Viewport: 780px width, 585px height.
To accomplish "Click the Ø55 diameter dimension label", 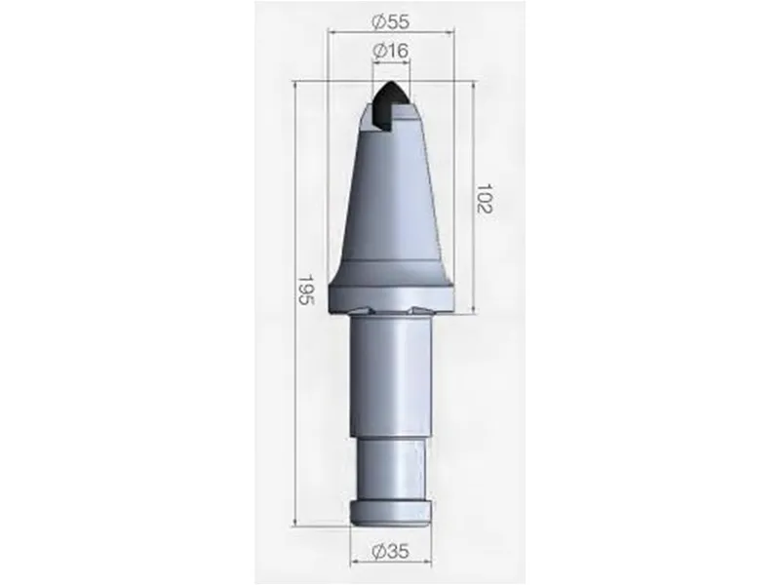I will pyautogui.click(x=390, y=19).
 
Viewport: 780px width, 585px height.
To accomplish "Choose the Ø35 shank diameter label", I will pyautogui.click(x=390, y=553).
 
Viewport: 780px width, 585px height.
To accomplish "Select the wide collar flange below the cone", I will pyautogui.click(x=390, y=291).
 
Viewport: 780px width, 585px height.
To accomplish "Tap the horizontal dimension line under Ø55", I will pyautogui.click(x=390, y=33).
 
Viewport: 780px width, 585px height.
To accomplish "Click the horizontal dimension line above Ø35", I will pyautogui.click(x=390, y=537).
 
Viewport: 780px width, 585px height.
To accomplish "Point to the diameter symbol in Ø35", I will pyautogui.click(x=376, y=553).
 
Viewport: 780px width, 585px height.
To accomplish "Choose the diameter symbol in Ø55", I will pyautogui.click(x=376, y=19).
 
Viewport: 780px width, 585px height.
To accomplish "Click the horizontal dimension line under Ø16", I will pyautogui.click(x=390, y=63).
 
